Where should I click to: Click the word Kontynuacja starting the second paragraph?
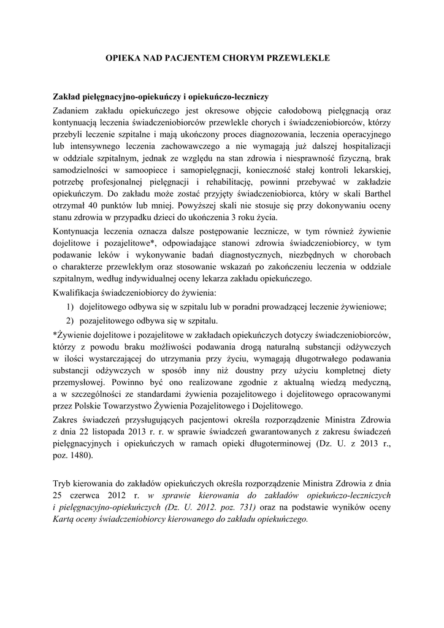78,232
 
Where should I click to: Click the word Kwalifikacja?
79,293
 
